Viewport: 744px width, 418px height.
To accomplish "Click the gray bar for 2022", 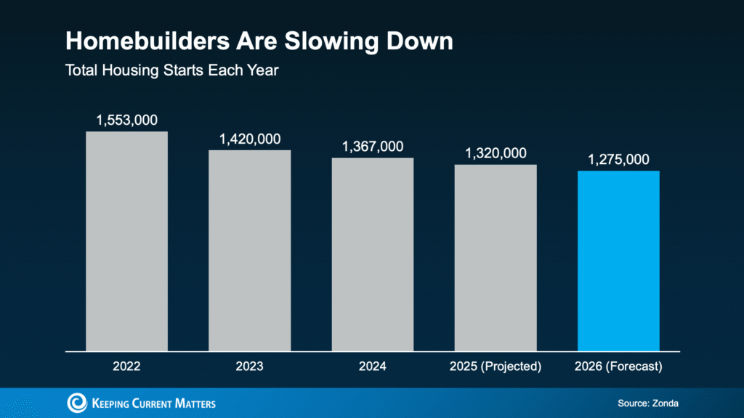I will pos(126,241).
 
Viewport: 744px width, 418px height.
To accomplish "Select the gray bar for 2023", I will pos(250,250).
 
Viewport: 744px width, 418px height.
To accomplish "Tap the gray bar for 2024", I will pos(373,254).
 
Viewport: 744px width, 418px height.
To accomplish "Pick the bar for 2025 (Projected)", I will pos(496,258).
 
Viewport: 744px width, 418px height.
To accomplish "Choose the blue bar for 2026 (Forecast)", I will pos(618,261).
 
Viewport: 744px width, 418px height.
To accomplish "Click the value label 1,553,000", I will pos(126,120).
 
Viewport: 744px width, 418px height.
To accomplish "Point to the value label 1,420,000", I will pos(250,139).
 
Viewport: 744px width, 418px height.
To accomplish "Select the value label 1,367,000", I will pos(373,147).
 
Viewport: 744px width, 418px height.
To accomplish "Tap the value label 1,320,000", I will pos(496,153).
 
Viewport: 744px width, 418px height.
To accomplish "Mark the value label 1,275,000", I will pos(618,160).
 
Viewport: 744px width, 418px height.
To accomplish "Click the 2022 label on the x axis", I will pos(126,366).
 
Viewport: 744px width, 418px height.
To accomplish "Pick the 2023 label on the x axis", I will pos(250,366).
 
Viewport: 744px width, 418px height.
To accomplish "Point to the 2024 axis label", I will pos(373,366).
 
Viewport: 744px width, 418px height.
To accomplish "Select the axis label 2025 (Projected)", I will pos(496,366).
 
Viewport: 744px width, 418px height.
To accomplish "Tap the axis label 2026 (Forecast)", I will pos(618,366).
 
